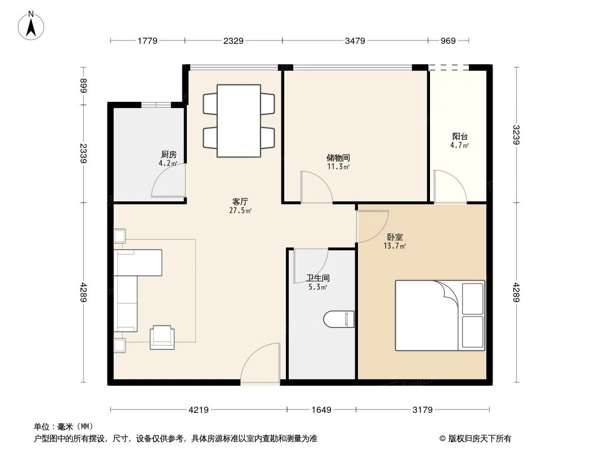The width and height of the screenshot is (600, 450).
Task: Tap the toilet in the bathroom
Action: [339, 319]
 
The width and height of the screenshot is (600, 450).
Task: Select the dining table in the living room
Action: [239, 120]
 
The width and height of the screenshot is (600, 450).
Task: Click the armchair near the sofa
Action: [162, 336]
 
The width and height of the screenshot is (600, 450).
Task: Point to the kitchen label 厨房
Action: [168, 155]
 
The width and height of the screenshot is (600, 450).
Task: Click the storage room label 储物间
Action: [338, 158]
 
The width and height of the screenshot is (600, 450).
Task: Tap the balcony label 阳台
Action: [460, 136]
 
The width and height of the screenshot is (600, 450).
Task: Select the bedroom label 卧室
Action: [395, 237]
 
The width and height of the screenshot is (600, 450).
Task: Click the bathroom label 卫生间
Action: [317, 278]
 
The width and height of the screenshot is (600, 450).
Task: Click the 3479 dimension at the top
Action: [355, 40]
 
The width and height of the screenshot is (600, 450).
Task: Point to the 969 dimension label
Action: [448, 40]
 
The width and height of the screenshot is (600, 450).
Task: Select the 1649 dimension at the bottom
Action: [321, 410]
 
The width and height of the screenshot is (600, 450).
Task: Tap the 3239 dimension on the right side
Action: [517, 135]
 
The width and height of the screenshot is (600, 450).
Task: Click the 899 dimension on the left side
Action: [84, 86]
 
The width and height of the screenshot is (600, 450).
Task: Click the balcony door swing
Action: [451, 187]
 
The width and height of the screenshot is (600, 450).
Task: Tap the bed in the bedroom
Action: [439, 316]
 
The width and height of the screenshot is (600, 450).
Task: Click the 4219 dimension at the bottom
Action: [198, 410]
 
